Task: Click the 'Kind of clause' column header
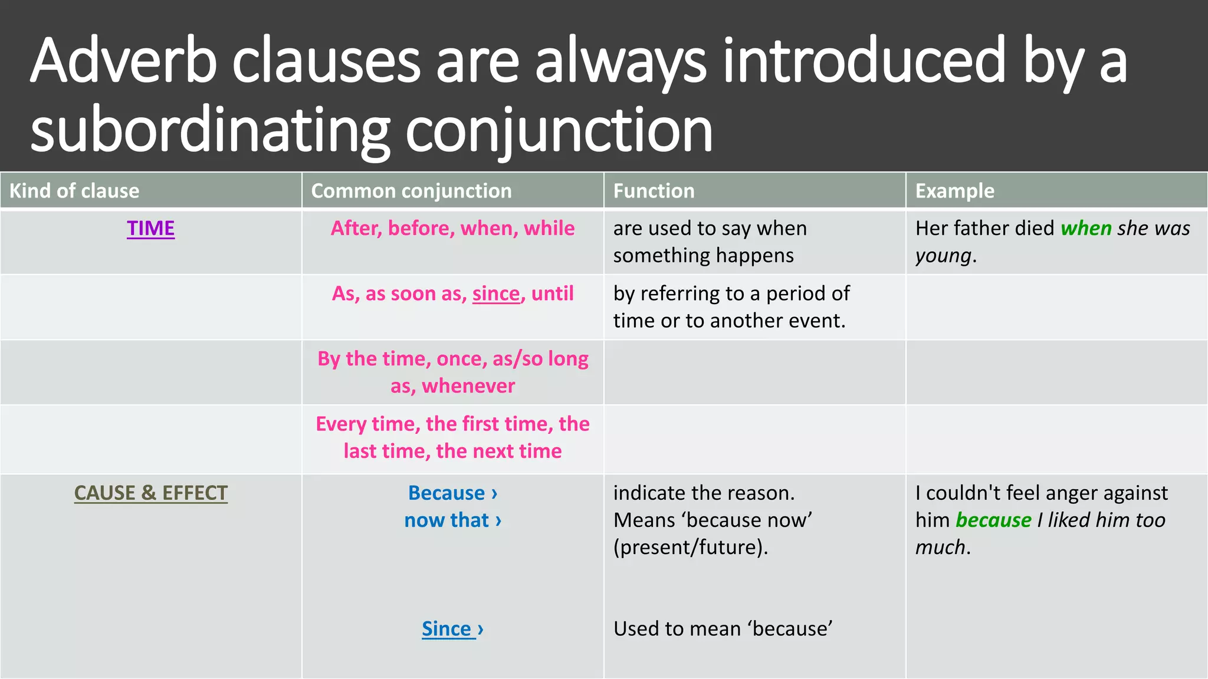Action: coord(74,191)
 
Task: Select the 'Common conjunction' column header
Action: coord(411,191)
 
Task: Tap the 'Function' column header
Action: coord(654,191)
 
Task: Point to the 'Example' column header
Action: coord(954,191)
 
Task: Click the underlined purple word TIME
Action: coord(150,228)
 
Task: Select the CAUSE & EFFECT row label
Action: coord(150,493)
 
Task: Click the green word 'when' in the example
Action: coord(1086,228)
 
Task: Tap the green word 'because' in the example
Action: coord(993,520)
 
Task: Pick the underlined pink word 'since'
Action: coord(496,294)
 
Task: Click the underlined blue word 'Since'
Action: coord(447,629)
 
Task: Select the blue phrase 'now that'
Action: coord(447,520)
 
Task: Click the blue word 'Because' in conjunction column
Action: coord(447,493)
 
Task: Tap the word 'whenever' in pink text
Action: coord(468,386)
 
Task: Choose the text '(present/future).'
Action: coord(691,547)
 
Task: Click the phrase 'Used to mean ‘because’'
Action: coord(723,629)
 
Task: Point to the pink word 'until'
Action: coord(552,294)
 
